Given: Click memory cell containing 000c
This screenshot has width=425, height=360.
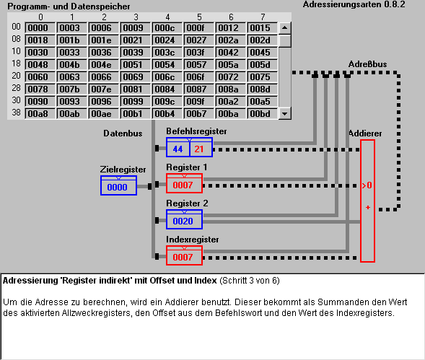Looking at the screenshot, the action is click(167, 28).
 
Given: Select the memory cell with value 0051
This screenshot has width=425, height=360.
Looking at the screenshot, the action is click(135, 65).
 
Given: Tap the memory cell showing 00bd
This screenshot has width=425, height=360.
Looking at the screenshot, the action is click(262, 114).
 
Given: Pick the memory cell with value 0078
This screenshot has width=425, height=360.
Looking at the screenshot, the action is click(40, 89).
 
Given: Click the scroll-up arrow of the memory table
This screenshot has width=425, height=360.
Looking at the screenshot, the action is click(284, 28).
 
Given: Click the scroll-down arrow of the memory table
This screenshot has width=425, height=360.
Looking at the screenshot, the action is click(284, 113).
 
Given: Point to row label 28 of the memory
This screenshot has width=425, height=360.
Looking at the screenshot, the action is click(16, 88).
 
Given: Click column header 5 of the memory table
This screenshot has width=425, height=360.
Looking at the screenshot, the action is click(199, 17).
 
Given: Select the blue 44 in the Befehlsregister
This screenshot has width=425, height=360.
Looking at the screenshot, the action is click(178, 149).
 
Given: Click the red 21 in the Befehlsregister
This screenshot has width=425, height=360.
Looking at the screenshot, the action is click(198, 149).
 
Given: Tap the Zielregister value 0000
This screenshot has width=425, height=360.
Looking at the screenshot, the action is click(117, 187).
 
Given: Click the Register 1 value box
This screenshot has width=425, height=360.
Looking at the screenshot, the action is click(184, 183).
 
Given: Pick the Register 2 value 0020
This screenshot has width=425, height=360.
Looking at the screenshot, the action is click(183, 221).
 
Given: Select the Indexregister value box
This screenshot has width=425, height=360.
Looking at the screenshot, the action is click(184, 255).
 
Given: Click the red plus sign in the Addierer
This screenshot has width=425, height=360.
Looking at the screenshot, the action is click(368, 208).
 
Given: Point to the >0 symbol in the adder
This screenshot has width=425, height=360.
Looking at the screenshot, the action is click(367, 185).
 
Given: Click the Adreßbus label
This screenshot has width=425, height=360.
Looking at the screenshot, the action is click(367, 64).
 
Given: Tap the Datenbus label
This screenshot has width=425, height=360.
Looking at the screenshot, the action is click(123, 133).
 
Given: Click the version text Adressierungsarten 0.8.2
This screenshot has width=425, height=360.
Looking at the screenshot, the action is click(354, 4).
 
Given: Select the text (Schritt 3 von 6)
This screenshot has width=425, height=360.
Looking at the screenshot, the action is click(250, 281).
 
